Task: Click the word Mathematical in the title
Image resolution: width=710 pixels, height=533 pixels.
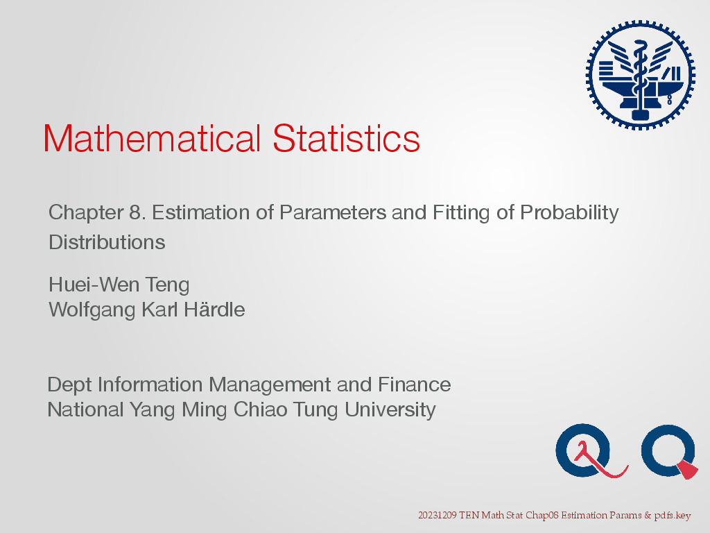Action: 152,138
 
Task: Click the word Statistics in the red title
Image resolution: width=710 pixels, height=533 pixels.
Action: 347,138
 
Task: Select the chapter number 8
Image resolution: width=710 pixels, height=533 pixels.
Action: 135,212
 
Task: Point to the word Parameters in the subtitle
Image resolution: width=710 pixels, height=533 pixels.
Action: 333,212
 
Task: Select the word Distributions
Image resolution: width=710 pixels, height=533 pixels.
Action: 107,242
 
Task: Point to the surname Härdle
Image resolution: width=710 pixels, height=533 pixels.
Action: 214,310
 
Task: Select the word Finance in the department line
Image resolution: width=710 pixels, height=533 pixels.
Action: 415,384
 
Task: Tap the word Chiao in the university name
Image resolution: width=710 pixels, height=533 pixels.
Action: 261,409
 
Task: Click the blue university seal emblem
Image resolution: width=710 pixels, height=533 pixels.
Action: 640,75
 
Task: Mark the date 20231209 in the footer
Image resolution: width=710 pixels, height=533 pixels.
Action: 438,516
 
